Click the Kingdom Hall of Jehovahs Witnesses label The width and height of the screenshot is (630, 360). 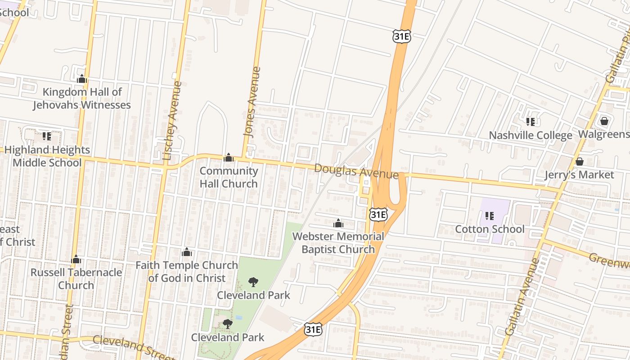[81, 99]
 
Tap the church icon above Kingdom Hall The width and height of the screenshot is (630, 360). [81, 79]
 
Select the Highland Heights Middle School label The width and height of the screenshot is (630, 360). [47, 156]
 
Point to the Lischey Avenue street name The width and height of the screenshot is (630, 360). [173, 121]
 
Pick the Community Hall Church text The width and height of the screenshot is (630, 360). [229, 177]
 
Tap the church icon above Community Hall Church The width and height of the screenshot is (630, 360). [229, 157]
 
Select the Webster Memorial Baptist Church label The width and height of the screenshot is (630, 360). [338, 243]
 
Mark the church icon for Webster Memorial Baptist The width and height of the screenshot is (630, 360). [338, 223]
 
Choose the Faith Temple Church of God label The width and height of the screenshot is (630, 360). [187, 272]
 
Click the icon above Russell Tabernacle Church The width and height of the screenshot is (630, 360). [76, 259]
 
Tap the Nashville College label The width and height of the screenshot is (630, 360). [531, 135]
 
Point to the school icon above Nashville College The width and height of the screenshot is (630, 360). [531, 121]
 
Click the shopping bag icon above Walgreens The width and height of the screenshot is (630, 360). [604, 121]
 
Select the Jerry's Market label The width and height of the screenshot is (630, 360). [579, 175]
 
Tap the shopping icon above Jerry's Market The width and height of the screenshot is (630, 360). [580, 161]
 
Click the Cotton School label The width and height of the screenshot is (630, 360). [490, 229]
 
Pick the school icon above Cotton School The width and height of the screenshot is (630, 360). [490, 216]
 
